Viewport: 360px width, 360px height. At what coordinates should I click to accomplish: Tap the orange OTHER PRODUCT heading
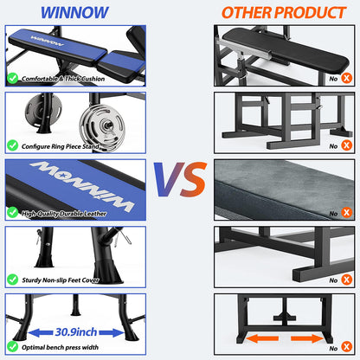point(282,12)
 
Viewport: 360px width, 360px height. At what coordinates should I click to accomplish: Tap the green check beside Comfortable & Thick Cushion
point(12,78)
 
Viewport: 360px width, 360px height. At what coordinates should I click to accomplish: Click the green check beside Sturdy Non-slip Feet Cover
point(12,280)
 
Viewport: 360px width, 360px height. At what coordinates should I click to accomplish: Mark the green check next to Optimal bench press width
point(12,346)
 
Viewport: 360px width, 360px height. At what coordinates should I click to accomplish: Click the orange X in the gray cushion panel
point(346,212)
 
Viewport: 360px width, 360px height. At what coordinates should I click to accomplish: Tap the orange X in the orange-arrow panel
point(346,346)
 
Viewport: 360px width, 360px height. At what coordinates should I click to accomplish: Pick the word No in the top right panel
point(332,78)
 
